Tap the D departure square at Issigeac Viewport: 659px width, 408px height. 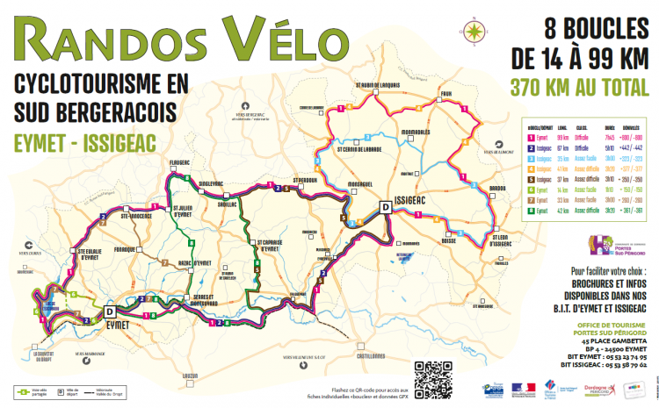pyautogui.click(x=385, y=207)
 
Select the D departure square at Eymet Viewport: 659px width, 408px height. pyautogui.click(x=110, y=311)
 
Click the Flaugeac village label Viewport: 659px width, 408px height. pyautogui.click(x=180, y=162)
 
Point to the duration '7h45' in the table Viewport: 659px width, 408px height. pyautogui.click(x=608, y=138)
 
